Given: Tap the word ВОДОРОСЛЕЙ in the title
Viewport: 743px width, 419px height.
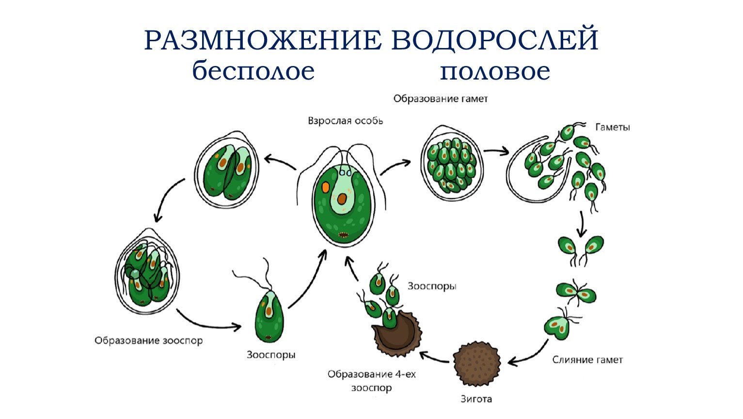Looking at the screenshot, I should (x=495, y=41).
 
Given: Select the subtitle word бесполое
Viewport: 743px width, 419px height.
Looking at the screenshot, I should (x=253, y=71).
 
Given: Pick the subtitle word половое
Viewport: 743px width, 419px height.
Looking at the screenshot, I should (x=495, y=71).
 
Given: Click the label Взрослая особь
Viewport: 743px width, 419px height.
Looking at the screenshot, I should (x=345, y=120).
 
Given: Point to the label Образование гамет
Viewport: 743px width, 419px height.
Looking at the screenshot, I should (x=440, y=99).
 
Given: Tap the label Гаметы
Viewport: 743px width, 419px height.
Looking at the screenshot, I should (x=612, y=128).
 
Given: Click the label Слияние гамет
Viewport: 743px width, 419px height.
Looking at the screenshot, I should (x=587, y=360).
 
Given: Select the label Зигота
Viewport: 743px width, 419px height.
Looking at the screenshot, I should (x=476, y=399).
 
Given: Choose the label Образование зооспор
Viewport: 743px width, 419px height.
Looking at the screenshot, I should (x=148, y=340).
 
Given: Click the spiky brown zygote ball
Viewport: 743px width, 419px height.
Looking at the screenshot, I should (x=477, y=364).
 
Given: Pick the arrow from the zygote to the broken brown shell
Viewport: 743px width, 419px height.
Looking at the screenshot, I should (x=435, y=358).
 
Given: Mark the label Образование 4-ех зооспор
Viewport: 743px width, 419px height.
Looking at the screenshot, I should (x=371, y=381).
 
